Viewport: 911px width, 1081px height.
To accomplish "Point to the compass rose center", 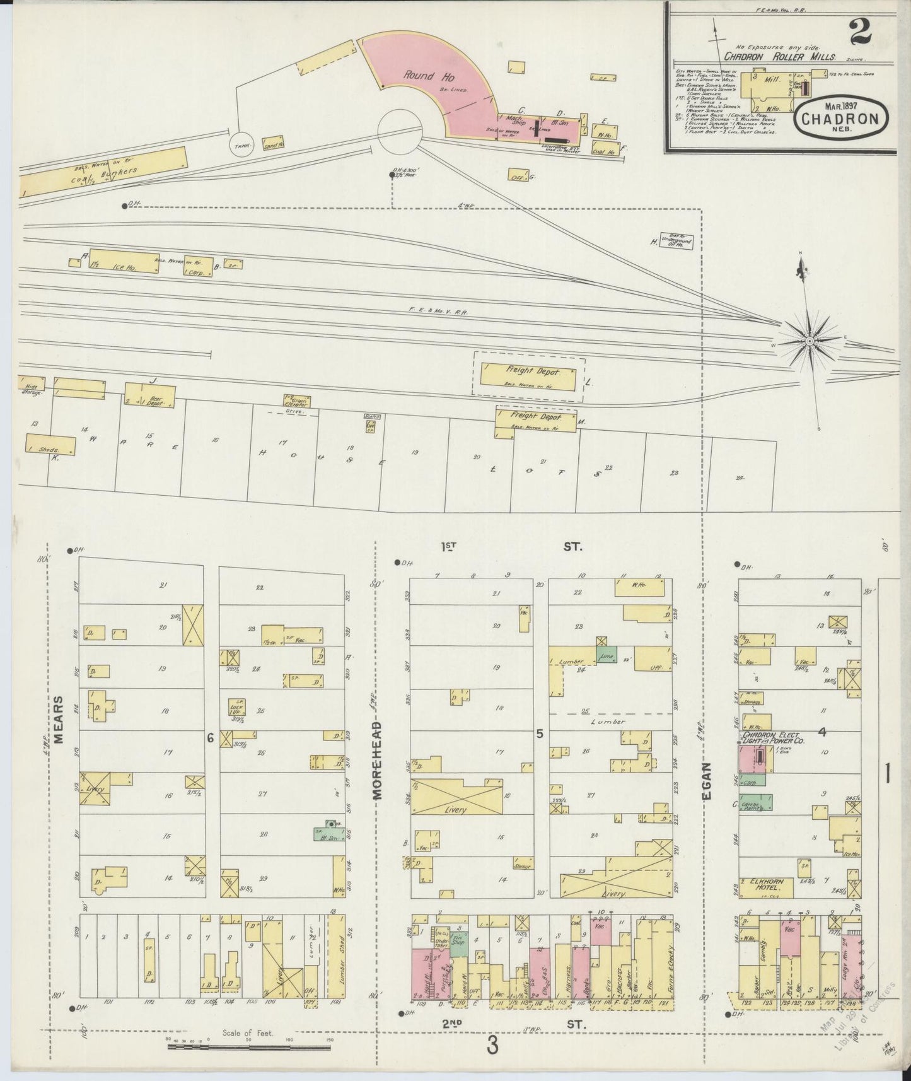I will pyautogui.click(x=808, y=341).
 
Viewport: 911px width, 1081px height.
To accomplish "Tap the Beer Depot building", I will pyautogui.click(x=150, y=395).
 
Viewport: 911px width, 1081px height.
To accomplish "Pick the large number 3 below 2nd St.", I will pyautogui.click(x=492, y=1046).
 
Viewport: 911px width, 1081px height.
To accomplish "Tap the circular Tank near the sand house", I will pyautogui.click(x=240, y=144).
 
